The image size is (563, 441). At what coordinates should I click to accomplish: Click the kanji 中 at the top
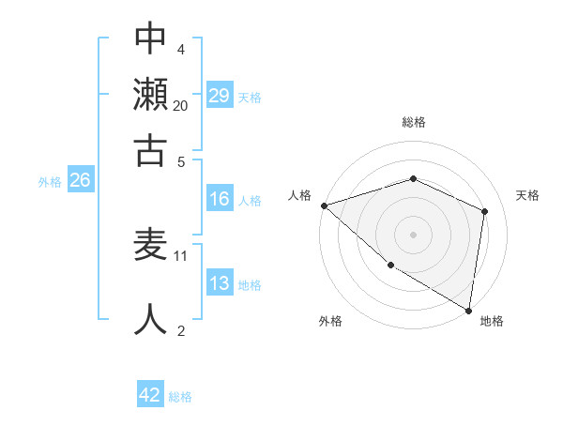(x=150, y=38)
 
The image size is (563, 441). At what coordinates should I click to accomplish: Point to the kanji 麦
(x=150, y=245)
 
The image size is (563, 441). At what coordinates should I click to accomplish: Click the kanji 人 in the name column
(x=150, y=319)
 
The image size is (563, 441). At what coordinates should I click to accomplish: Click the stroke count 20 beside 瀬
(x=181, y=106)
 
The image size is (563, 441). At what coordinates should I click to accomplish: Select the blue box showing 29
(x=220, y=96)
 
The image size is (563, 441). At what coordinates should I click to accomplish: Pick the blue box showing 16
(x=220, y=199)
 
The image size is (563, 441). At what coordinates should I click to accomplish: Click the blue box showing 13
(x=220, y=283)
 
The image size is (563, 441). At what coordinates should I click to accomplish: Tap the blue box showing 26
(x=80, y=181)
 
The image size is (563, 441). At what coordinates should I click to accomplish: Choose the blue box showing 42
(x=150, y=395)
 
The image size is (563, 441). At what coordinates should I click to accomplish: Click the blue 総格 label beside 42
(x=180, y=397)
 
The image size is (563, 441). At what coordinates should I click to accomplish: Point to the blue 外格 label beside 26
(x=49, y=182)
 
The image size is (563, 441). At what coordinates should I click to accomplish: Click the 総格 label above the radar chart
(x=413, y=122)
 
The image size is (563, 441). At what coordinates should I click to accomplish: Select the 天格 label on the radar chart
(x=528, y=195)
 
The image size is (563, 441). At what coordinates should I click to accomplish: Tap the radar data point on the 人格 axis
(x=324, y=205)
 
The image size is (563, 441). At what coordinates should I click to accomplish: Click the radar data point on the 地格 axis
(x=468, y=309)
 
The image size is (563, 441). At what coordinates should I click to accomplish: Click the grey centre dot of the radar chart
(x=413, y=234)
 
